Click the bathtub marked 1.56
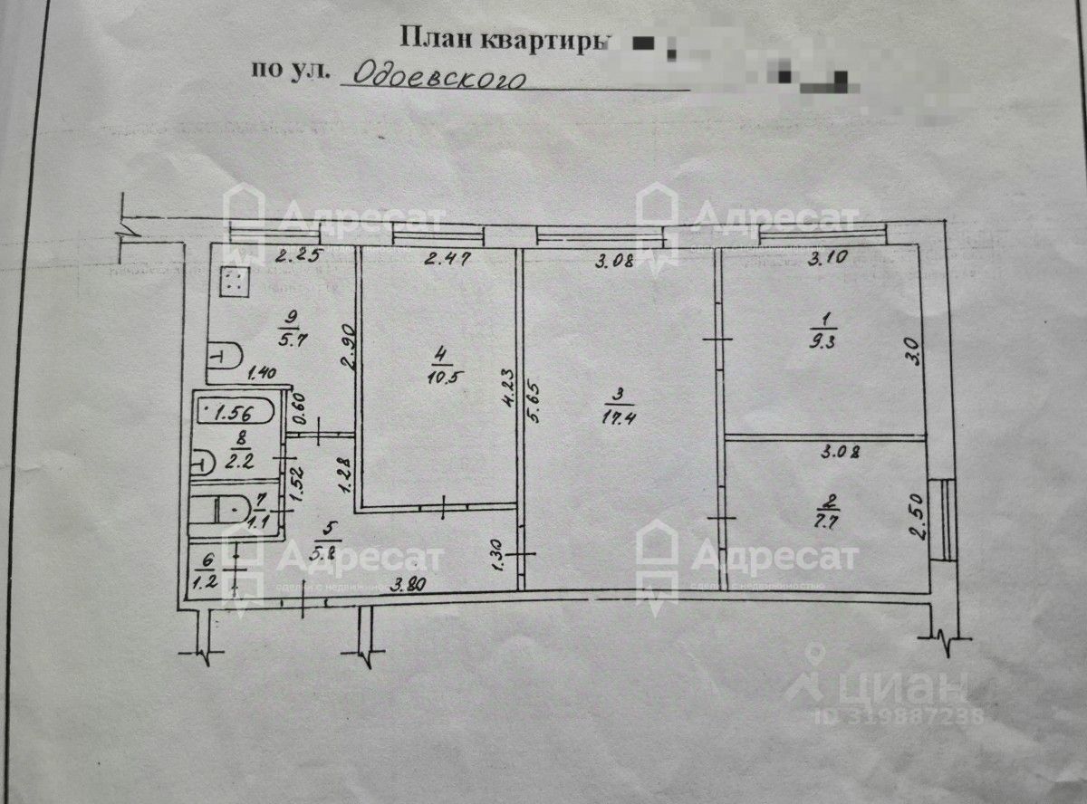[233, 413]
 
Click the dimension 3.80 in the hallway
[407, 586]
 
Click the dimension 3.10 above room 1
[828, 258]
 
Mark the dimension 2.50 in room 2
[916, 517]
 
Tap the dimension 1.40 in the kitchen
[261, 371]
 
